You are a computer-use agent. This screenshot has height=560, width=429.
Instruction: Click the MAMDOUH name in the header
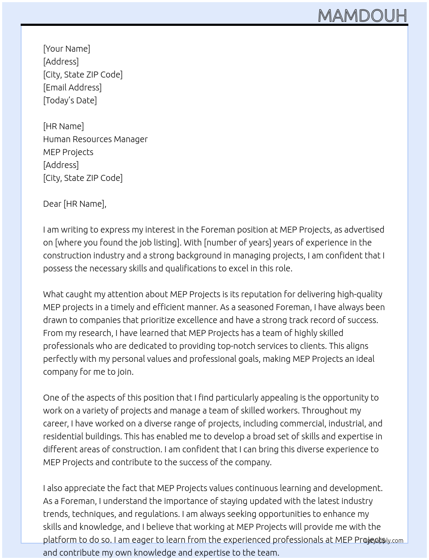point(362,16)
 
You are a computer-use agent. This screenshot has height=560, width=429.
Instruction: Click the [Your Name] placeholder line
point(66,49)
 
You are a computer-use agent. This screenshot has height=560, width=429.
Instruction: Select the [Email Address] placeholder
point(72,87)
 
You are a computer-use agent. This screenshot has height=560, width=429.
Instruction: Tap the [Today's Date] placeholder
point(70,100)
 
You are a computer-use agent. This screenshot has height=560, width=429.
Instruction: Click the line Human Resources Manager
point(95,139)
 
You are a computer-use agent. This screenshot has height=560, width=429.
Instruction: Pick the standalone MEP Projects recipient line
point(68,152)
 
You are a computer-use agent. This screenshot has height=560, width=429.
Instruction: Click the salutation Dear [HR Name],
point(75,204)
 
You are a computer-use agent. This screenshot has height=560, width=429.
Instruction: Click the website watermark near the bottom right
point(384,541)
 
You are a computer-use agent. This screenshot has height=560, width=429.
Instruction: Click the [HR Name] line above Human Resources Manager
point(63,126)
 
